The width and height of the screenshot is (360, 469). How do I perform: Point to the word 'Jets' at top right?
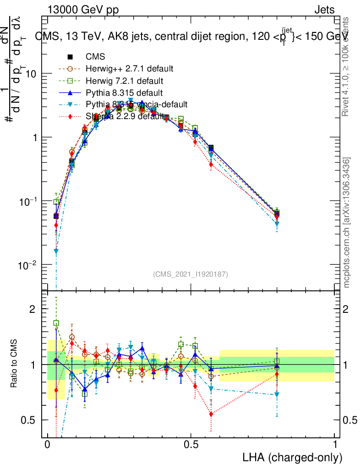(x=324, y=10)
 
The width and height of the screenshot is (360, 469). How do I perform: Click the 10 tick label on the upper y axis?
(x=31, y=74)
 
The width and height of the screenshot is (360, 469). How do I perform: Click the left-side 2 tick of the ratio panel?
(x=33, y=309)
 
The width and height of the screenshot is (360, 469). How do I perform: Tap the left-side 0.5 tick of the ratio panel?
(x=29, y=420)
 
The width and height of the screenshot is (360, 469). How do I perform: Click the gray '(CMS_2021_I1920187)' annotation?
(x=190, y=274)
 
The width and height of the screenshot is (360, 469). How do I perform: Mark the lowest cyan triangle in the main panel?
(x=56, y=251)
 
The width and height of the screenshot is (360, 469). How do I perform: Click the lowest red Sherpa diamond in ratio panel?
(x=211, y=414)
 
